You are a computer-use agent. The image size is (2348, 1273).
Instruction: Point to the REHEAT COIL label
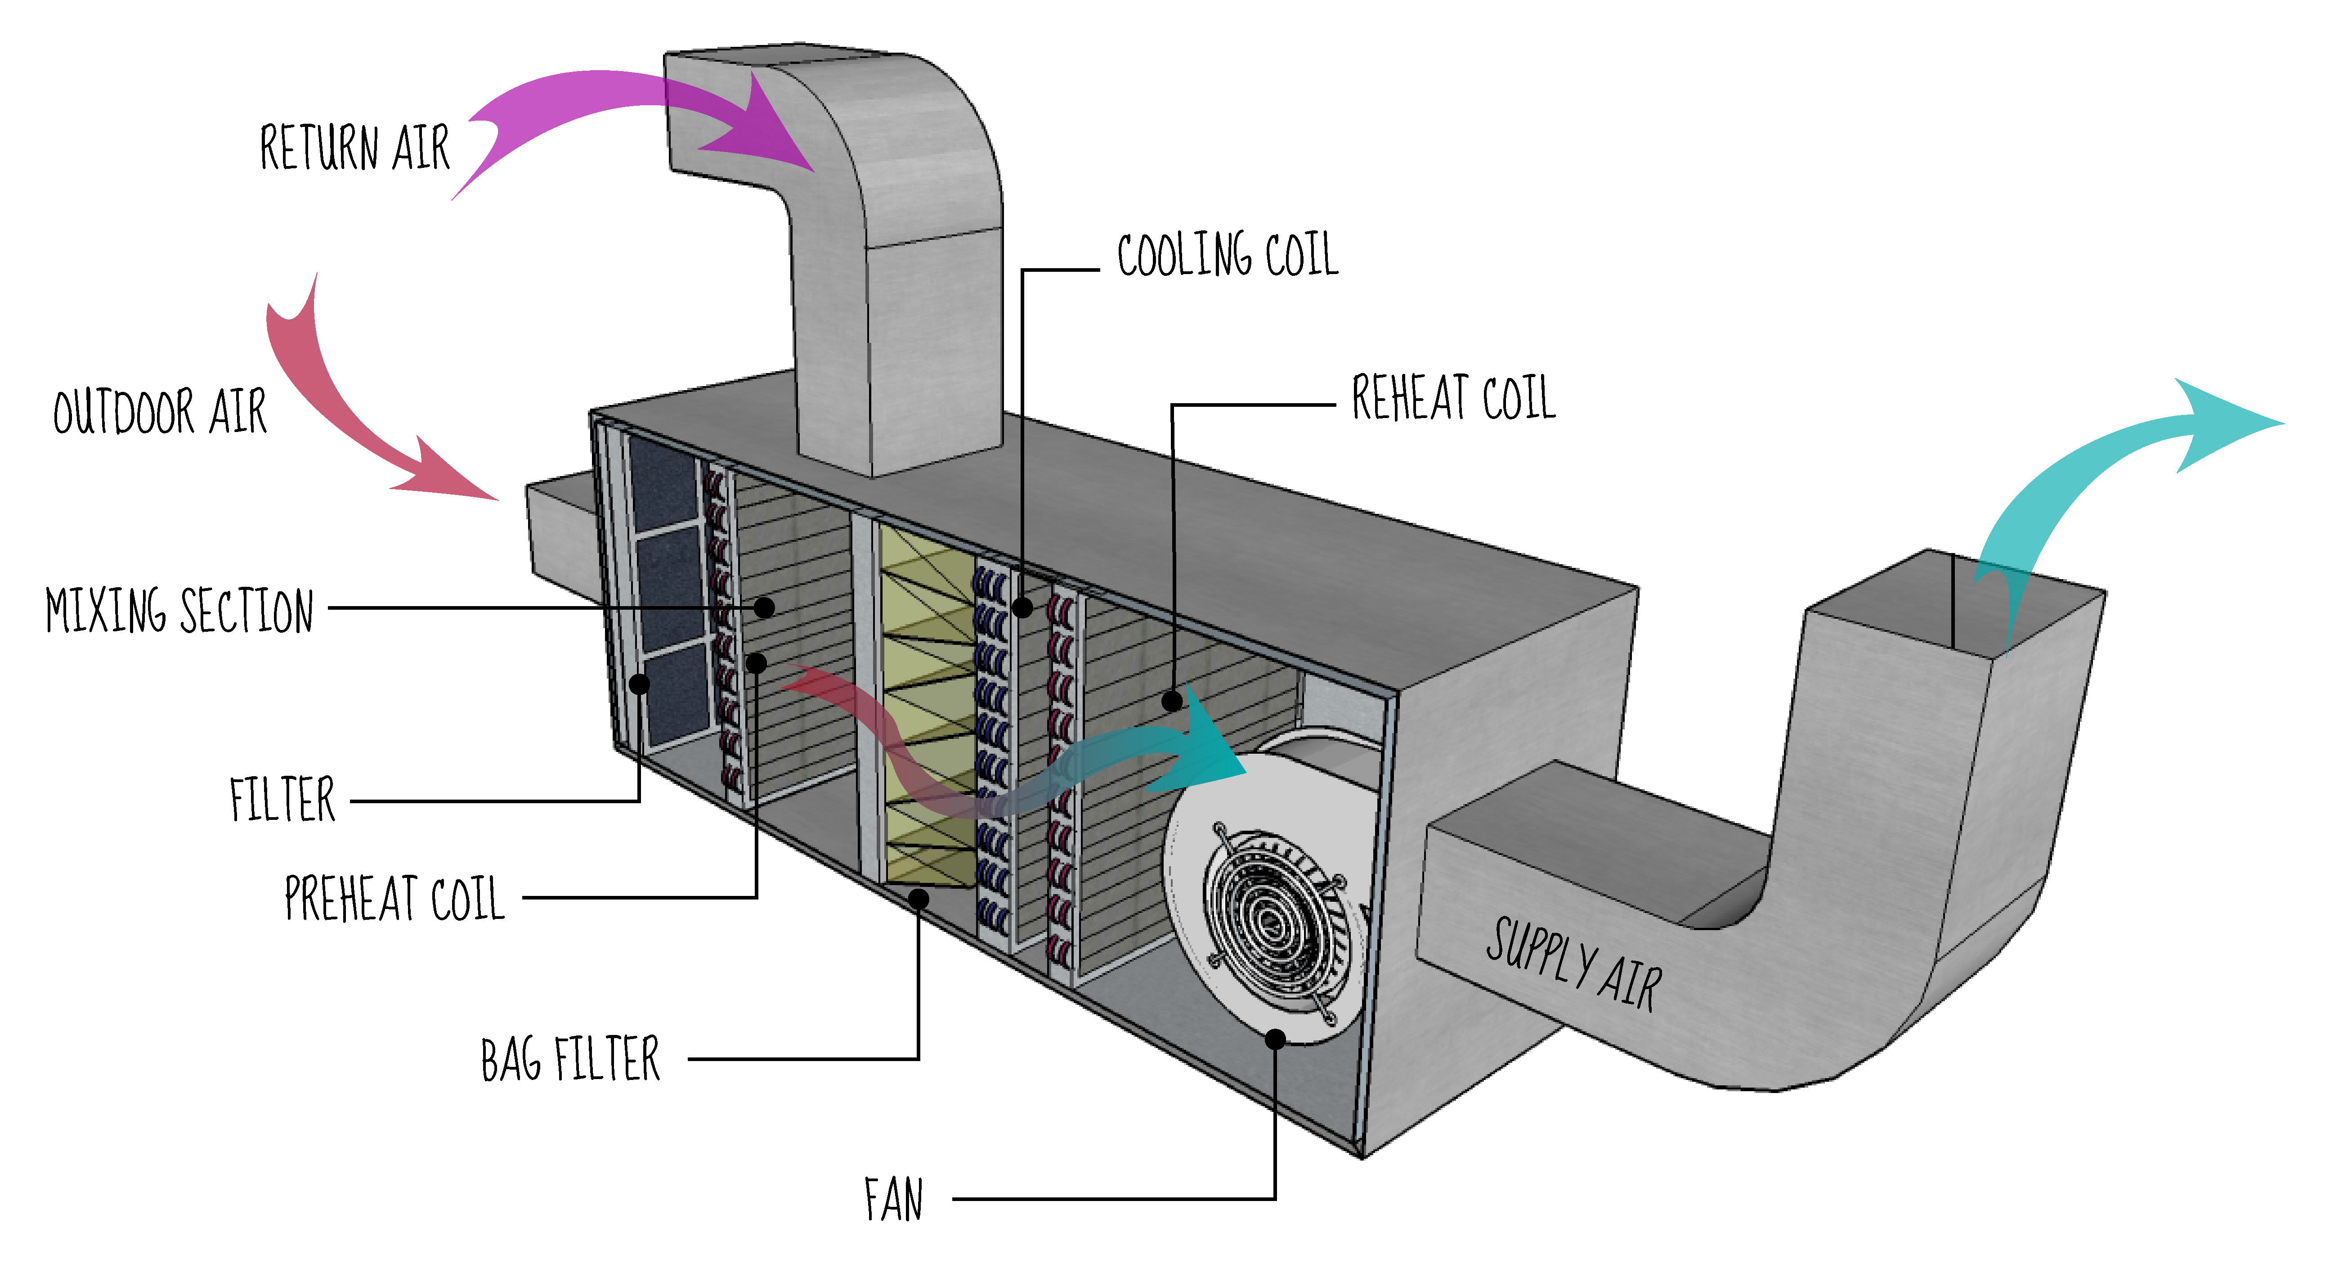click(1453, 399)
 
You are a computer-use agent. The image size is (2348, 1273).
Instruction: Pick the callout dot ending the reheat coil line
click(1172, 700)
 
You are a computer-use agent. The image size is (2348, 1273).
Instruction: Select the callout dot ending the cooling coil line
click(1023, 607)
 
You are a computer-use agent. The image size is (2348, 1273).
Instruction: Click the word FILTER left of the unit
click(282, 801)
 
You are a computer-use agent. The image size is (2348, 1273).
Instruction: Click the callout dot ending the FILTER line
click(640, 683)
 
